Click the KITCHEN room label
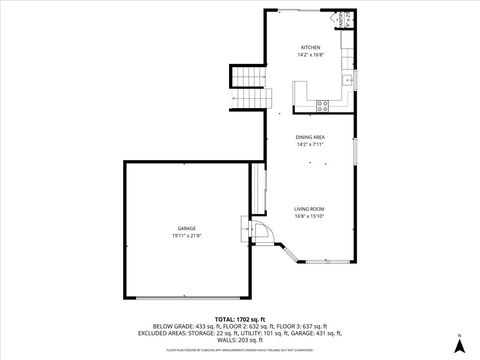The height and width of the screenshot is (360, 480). pos(311,47)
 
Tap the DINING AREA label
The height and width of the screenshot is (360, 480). pos(310,137)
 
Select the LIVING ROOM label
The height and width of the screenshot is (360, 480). pos(310,209)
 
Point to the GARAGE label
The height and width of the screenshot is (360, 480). pos(186,229)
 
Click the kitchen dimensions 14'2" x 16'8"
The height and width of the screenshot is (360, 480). pos(311,55)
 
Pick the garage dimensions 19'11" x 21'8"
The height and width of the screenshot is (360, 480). pos(186,236)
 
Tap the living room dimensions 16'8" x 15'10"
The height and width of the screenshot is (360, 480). pos(310,216)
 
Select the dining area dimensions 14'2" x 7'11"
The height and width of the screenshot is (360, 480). pos(310,144)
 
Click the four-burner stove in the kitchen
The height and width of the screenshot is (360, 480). pos(322,104)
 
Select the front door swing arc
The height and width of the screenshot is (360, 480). pos(263,232)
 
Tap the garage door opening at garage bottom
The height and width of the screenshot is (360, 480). pos(186,298)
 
